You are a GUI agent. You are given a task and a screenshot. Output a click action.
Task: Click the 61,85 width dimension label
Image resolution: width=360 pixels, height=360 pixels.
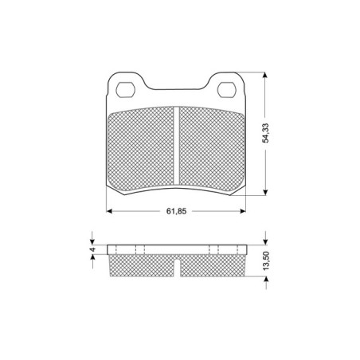pos(176,211)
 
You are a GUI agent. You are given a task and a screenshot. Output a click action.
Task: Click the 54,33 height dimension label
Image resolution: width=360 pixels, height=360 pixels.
pos(265,133)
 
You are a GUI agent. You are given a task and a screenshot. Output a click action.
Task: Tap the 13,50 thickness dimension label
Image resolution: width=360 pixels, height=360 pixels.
pos(266,260)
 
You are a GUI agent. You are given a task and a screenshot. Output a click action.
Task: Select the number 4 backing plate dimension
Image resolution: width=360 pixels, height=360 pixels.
pos(92,250)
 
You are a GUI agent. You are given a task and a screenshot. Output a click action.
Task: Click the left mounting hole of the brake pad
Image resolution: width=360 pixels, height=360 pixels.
pos(126,90)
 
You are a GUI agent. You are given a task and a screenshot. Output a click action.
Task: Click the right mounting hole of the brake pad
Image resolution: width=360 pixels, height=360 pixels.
pos(227,90)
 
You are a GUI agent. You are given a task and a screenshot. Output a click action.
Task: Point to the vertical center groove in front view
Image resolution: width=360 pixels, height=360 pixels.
pos(177,147)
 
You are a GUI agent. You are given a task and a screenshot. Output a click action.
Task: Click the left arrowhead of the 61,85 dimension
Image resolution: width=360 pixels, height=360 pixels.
pos(109,211)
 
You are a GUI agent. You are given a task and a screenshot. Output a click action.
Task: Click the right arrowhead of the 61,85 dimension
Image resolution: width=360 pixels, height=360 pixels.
pos(243,211)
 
